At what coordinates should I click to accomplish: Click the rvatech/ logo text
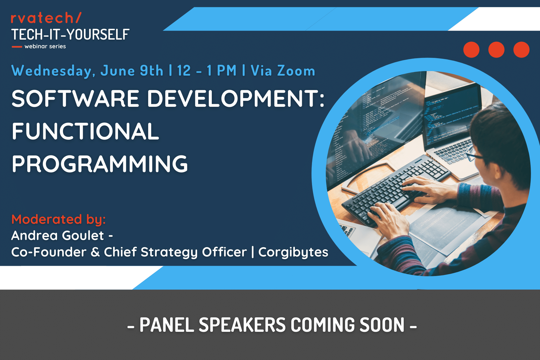tap(46, 18)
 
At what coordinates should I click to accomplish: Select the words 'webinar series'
tap(45, 46)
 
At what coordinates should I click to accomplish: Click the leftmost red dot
tap(471, 49)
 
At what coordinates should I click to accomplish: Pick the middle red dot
tap(496, 49)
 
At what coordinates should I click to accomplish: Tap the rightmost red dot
tap(521, 49)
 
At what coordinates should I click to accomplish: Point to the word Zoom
tap(296, 71)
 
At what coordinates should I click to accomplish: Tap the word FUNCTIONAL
tap(85, 131)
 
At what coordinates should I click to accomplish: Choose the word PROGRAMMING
tap(100, 164)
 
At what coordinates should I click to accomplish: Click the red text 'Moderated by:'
tap(58, 220)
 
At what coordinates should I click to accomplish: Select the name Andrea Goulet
tap(58, 235)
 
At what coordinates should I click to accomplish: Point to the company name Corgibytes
tap(293, 252)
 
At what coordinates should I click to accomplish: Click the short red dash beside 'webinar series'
tap(17, 46)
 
